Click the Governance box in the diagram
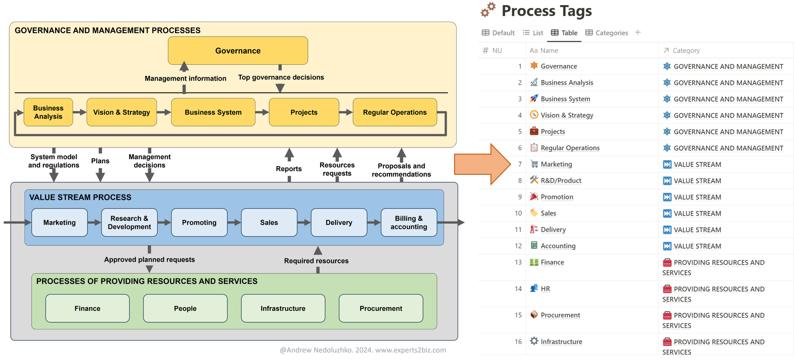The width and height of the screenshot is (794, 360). click(x=238, y=51)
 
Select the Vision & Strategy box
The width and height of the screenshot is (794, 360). click(x=122, y=112)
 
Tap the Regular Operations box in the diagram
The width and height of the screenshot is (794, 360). click(x=395, y=112)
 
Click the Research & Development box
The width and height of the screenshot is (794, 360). click(x=129, y=222)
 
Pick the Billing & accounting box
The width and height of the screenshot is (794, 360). click(x=408, y=222)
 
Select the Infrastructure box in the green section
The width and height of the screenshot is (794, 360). click(x=283, y=308)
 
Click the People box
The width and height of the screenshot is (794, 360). click(x=185, y=308)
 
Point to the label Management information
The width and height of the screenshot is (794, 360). click(x=185, y=78)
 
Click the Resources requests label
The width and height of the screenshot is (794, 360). click(x=337, y=169)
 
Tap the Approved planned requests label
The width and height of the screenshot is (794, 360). click(x=149, y=260)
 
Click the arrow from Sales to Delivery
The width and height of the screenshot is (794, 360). click(x=304, y=222)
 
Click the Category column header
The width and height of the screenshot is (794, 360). click(x=686, y=51)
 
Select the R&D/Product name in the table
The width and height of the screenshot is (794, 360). click(x=561, y=180)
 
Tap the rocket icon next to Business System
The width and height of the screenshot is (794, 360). click(x=534, y=99)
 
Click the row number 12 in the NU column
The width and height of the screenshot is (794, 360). click(x=518, y=246)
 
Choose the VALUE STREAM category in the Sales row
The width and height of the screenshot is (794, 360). click(x=697, y=213)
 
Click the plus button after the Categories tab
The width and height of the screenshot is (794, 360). click(x=638, y=32)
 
